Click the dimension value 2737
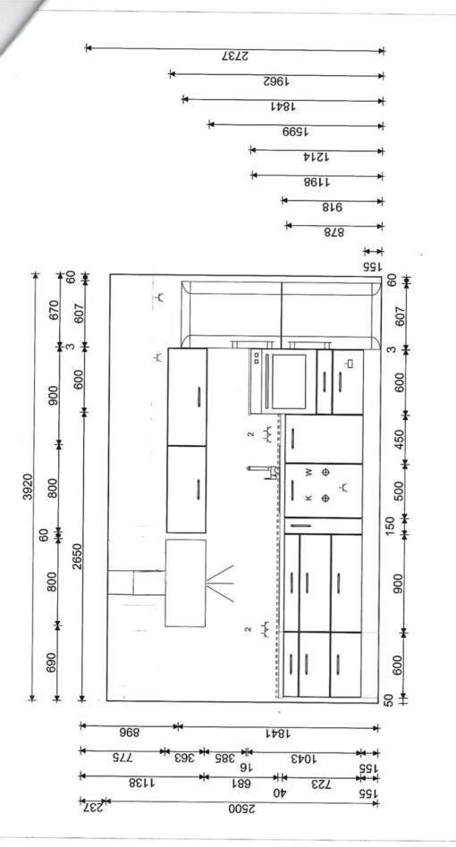coord(235,56)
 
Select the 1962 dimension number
coord(276,81)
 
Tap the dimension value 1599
coord(296,132)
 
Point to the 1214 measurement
coord(317,157)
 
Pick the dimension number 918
coord(333,207)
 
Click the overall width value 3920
coord(28,487)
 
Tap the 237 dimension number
coord(92,808)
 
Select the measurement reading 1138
coord(141,783)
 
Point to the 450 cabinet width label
coord(400,440)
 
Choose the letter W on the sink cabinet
coord(308,472)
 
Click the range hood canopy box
coord(185,583)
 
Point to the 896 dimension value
coord(129,733)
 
